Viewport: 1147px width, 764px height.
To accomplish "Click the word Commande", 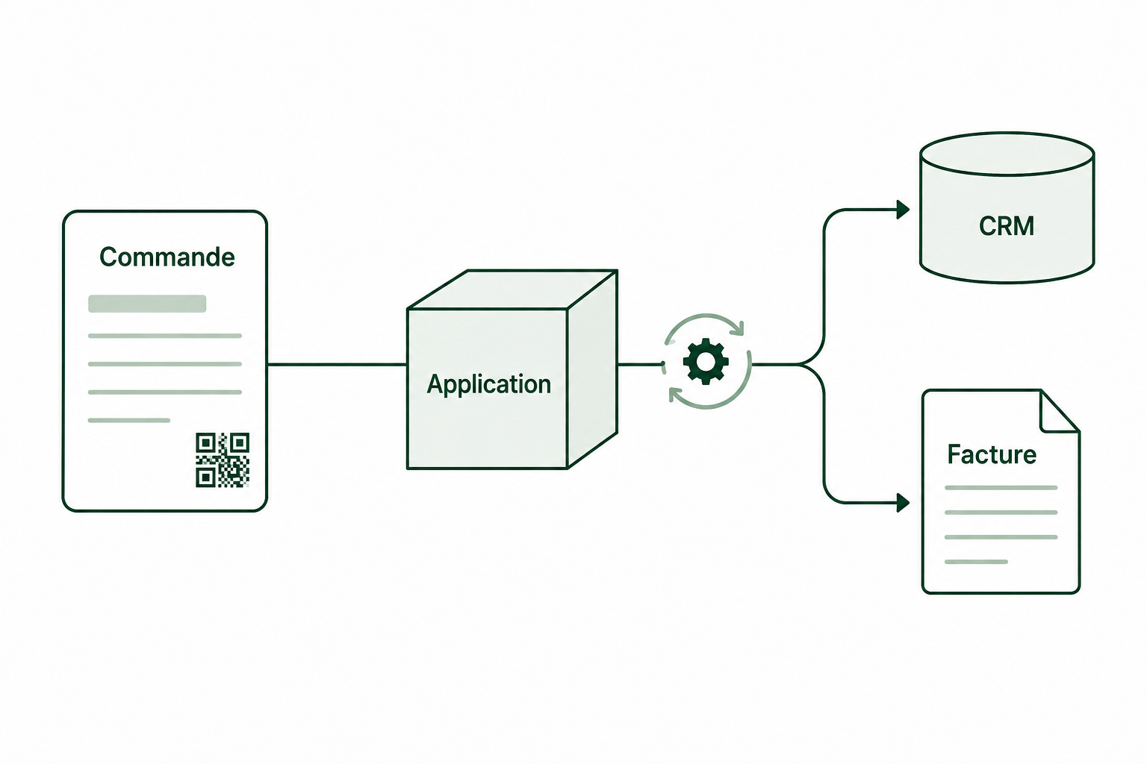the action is [167, 257].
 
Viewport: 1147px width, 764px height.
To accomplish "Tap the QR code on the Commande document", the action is [223, 460].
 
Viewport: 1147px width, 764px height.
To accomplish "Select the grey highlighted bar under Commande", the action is [147, 304].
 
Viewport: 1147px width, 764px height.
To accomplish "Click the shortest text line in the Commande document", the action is [129, 420].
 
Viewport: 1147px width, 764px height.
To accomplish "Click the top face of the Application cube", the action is [512, 289].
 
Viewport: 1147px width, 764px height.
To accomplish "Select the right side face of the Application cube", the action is [592, 369].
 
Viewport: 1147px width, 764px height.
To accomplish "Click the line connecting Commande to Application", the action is [337, 364].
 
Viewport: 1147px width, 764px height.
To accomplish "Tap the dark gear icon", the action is [706, 361].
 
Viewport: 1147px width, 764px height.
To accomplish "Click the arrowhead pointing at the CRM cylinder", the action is [903, 210].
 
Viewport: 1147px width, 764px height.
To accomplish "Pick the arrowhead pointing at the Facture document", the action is [903, 503].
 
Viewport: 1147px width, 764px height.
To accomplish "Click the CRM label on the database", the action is [1007, 226].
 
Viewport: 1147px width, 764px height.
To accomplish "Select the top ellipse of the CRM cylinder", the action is [1007, 154].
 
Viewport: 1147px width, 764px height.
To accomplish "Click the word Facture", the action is [992, 454].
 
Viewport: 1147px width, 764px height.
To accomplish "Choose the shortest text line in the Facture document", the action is [976, 562].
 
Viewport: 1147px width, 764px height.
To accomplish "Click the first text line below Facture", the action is [1001, 488].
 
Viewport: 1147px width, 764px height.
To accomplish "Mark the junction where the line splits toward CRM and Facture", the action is [800, 364].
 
